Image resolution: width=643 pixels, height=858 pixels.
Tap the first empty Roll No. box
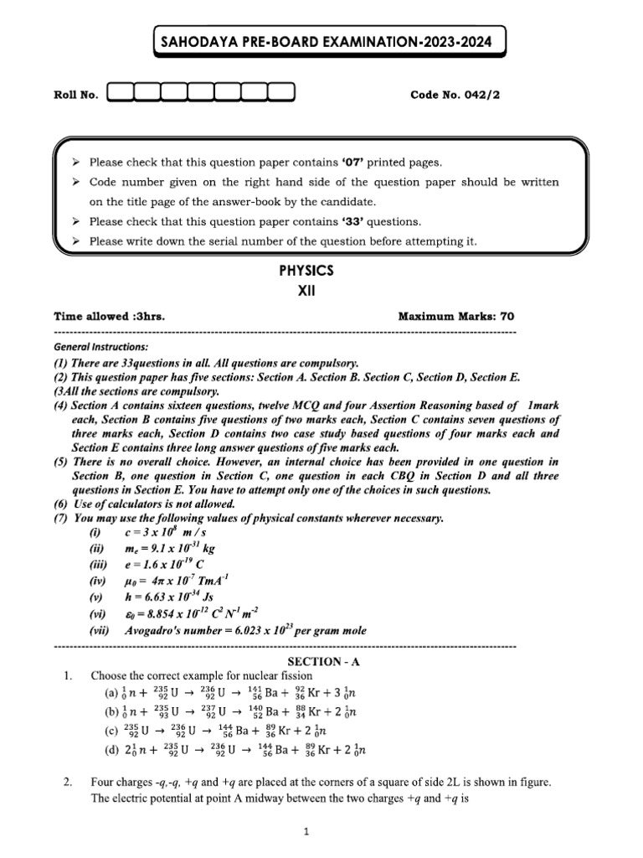coord(120,94)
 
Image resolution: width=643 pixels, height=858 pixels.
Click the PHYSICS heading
coord(306,271)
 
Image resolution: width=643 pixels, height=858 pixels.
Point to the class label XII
coord(306,292)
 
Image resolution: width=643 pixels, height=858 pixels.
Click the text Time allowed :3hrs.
coord(109,316)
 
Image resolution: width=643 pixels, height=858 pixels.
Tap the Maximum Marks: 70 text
coord(456,316)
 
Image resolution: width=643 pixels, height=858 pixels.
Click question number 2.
coord(66,782)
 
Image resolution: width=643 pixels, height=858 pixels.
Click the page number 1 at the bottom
coord(307,832)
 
